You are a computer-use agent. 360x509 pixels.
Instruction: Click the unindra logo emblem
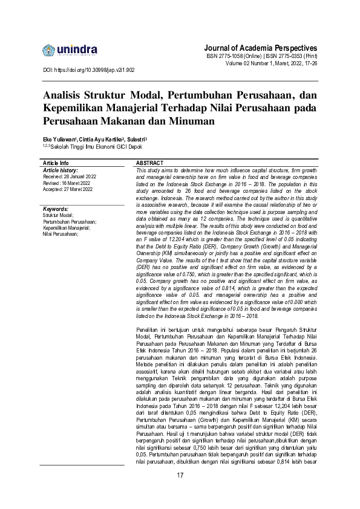click(49, 49)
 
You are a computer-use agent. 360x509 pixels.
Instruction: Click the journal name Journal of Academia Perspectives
click(261, 48)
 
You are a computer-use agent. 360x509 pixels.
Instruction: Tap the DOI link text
click(90, 70)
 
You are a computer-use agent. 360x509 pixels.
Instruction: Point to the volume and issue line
click(271, 63)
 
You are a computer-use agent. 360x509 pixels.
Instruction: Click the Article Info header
click(56, 163)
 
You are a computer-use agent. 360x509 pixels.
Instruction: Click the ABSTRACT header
click(150, 163)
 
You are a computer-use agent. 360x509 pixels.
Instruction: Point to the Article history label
click(61, 170)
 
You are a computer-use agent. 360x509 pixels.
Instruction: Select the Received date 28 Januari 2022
click(67, 177)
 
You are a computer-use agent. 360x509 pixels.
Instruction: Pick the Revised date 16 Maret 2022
click(66, 183)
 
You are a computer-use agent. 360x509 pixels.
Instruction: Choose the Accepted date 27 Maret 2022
click(67, 189)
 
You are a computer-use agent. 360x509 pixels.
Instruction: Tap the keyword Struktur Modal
click(58, 215)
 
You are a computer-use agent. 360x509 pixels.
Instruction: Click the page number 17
click(180, 475)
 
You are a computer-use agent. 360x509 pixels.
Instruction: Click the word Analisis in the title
click(65, 96)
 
